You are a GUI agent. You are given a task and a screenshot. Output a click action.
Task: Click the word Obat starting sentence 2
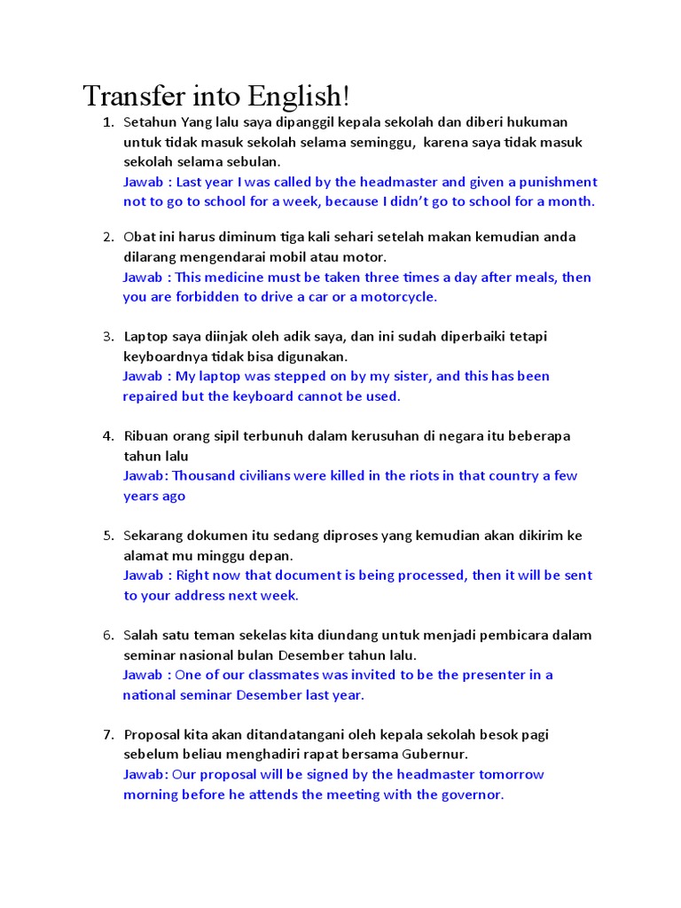click(x=139, y=237)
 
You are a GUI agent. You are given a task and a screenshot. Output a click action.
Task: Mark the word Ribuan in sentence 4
click(x=145, y=436)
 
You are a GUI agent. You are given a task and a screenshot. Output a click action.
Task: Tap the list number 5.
click(x=107, y=536)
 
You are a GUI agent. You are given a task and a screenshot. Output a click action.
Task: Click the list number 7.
click(x=107, y=735)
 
